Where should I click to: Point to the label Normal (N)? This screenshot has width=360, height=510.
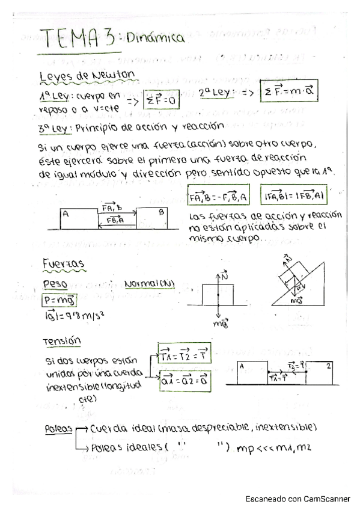[x=149, y=283]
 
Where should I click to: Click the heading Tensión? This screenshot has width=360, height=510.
[x=62, y=341]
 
